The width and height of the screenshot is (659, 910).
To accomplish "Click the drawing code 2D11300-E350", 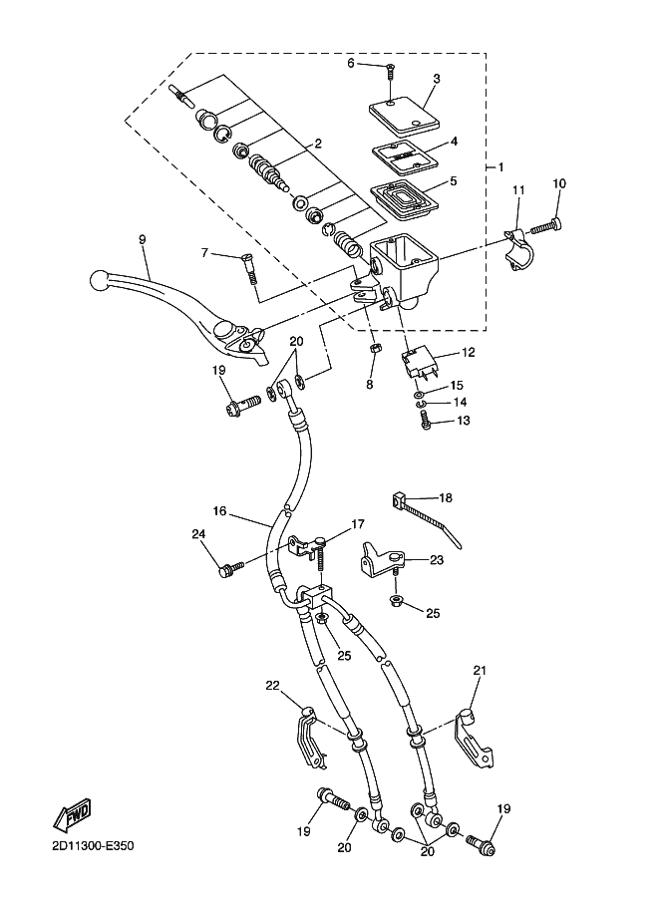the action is click(x=93, y=845).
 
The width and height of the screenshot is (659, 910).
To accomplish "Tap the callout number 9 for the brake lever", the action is click(x=143, y=239).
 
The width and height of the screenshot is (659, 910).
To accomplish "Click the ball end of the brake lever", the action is click(x=100, y=280).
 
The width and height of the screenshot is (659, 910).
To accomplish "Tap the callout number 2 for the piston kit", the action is click(x=318, y=144).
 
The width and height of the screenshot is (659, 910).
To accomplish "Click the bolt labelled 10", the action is click(x=547, y=226).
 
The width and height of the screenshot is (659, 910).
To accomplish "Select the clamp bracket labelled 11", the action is click(x=516, y=249).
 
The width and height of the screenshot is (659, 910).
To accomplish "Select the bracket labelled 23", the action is click(x=382, y=559).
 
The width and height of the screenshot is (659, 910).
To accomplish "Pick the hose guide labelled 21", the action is click(x=474, y=739).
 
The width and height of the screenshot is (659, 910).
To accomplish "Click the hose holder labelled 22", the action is click(x=308, y=738).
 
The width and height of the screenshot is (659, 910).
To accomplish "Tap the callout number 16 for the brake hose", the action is click(x=220, y=511).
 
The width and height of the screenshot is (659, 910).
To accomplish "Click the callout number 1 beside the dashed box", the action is click(x=500, y=167).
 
